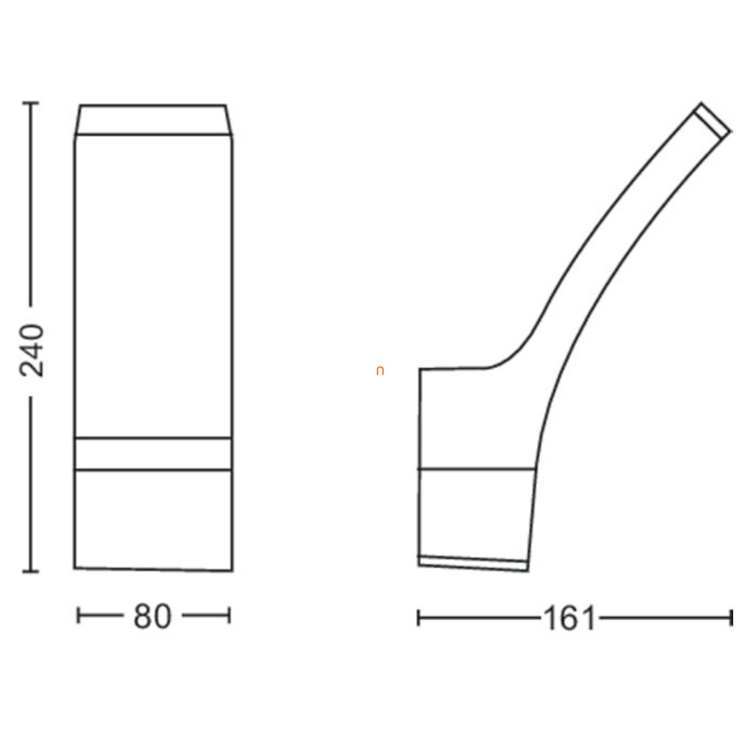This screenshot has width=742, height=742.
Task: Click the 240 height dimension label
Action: click(32, 350)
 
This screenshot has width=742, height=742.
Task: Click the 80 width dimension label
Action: click(152, 616)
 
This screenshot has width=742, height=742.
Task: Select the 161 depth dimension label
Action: click(569, 619)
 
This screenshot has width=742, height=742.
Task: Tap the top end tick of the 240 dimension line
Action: click(32, 102)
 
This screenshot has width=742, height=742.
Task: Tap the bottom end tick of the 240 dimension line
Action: click(32, 572)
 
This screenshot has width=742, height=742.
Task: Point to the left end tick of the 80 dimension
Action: click(78, 616)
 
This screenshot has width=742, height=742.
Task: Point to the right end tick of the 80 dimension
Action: click(229, 616)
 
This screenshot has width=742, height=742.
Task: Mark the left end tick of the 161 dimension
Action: click(418, 618)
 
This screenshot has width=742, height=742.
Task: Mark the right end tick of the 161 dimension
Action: click(732, 618)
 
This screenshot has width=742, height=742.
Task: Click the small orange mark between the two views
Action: click(380, 372)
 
